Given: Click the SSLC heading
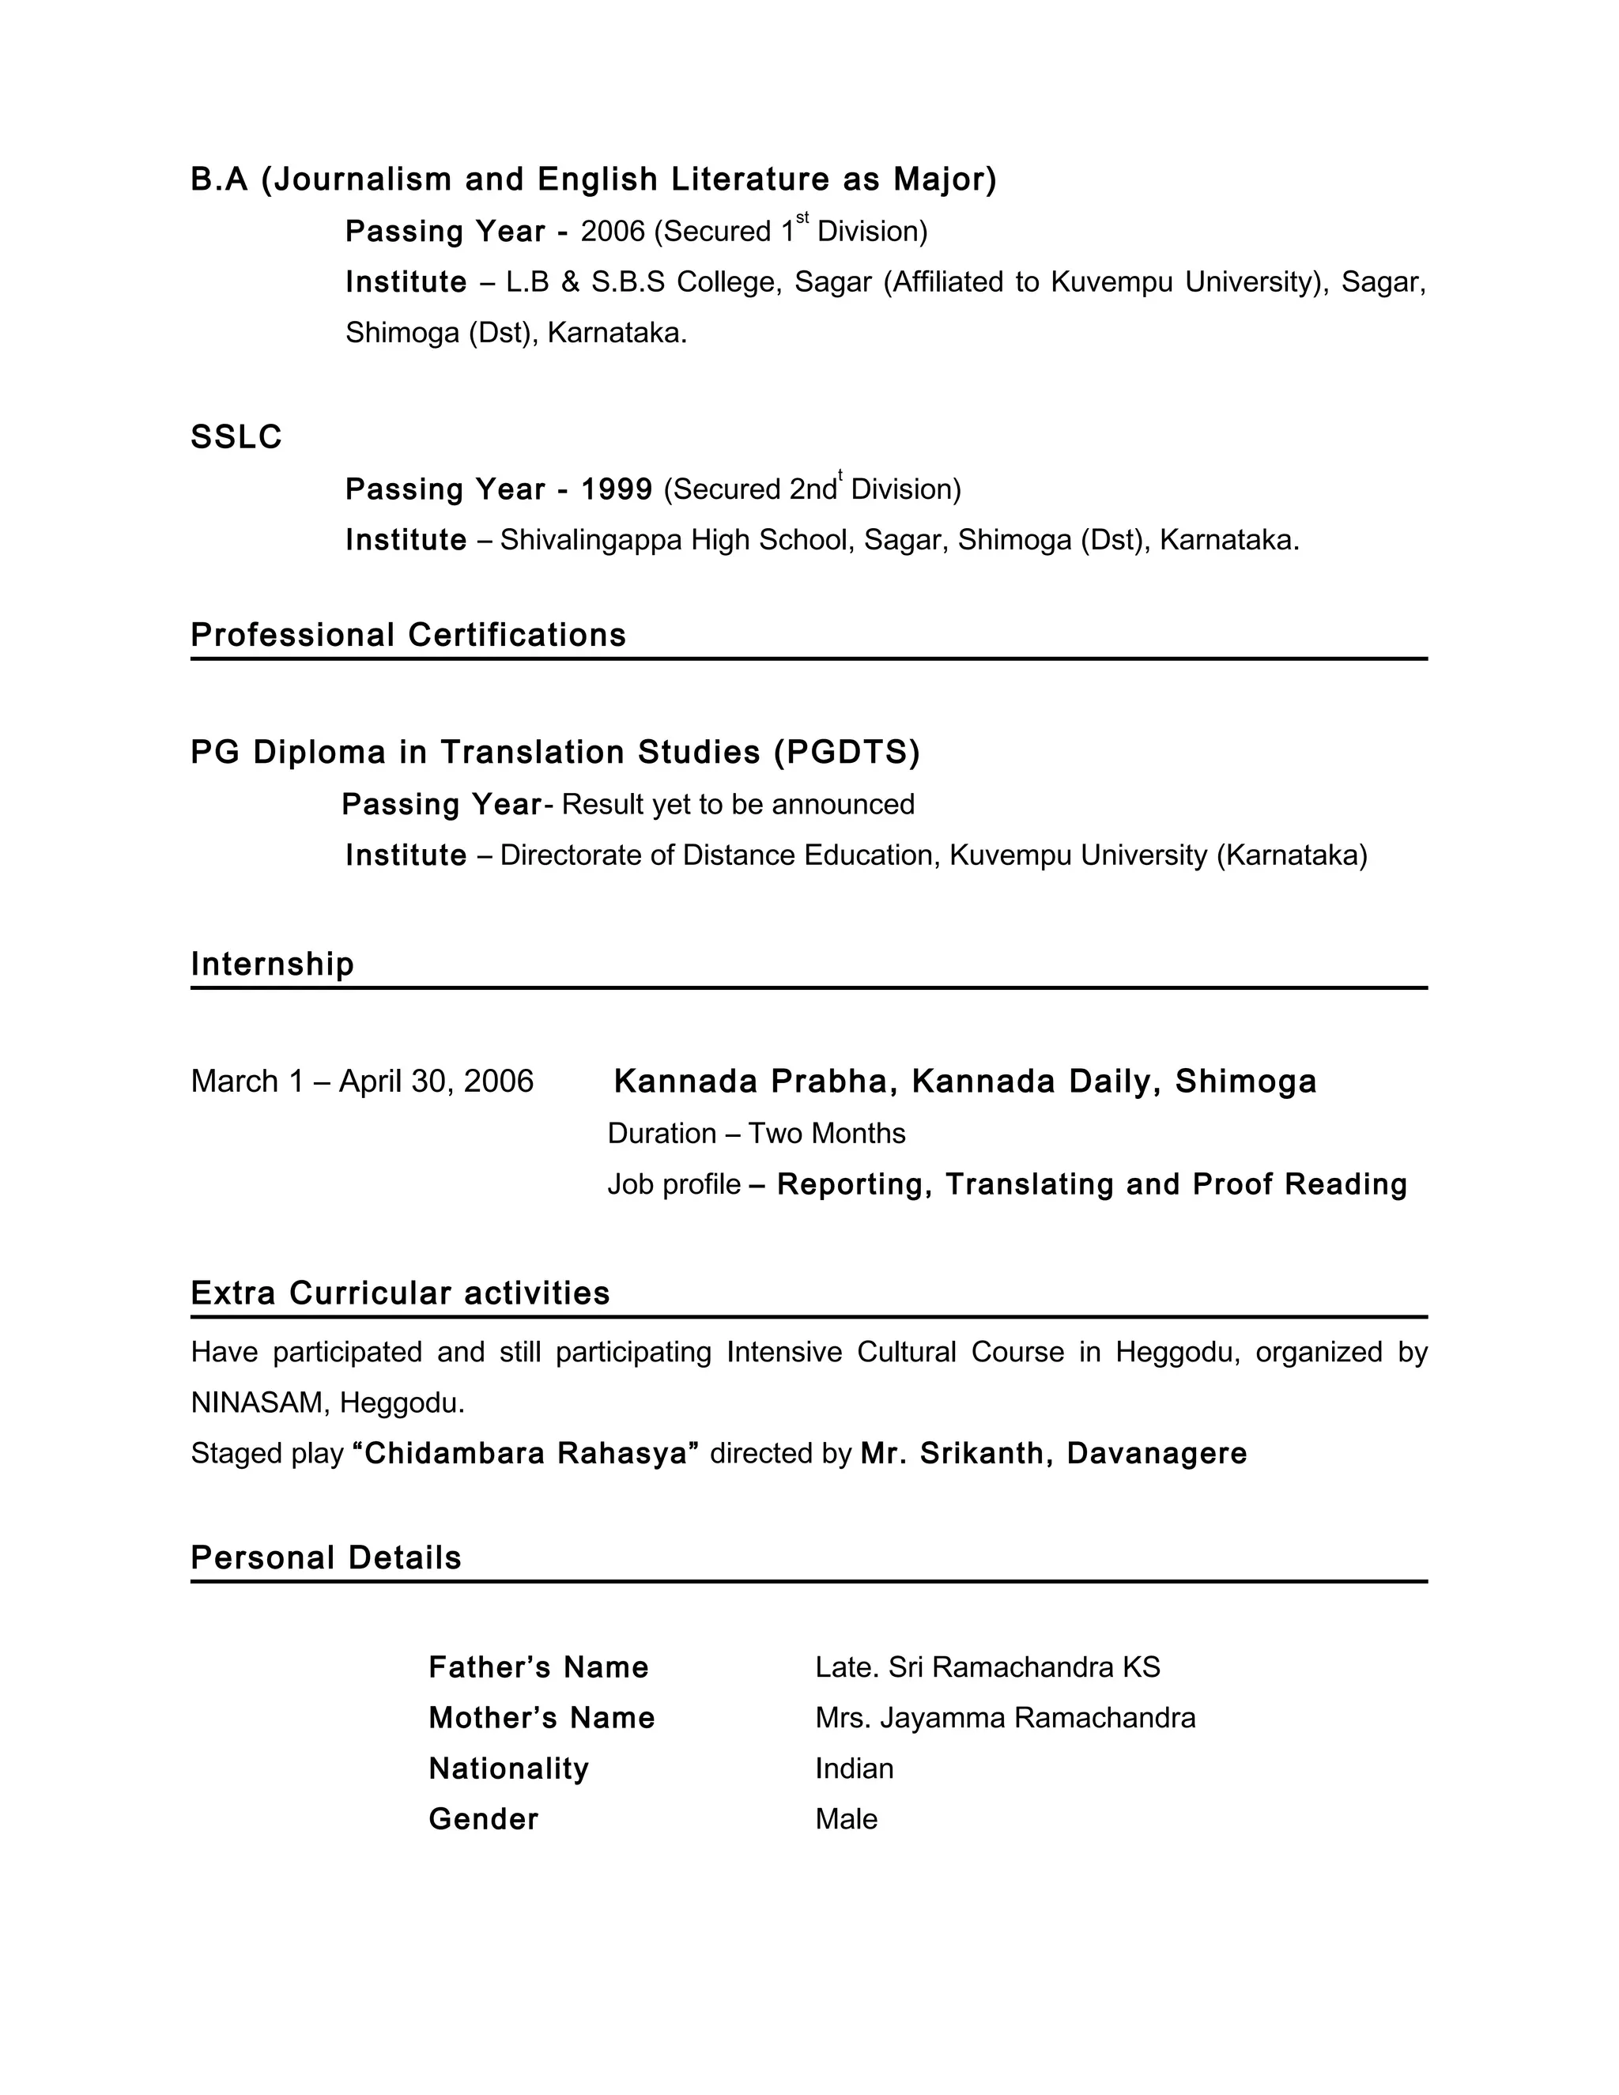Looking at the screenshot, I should tap(236, 437).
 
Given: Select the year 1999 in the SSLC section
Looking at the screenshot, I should tap(616, 489).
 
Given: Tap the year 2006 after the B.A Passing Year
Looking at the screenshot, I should tap(612, 231).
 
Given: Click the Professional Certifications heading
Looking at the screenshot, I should tap(408, 635).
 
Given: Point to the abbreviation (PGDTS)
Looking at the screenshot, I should tap(846, 752).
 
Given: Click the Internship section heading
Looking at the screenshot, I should tap(273, 964).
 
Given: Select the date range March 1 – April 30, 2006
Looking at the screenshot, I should tap(361, 1081).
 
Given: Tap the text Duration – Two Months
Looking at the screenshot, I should tap(756, 1133).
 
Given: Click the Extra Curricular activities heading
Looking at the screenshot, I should tap(400, 1293).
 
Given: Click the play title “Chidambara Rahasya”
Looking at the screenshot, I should tap(526, 1453).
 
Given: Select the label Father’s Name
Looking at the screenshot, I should tap(538, 1667).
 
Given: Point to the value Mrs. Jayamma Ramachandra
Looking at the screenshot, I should tap(1006, 1718).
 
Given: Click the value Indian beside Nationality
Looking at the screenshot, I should tap(854, 1768).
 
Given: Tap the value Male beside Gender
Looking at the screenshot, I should tap(846, 1820).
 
